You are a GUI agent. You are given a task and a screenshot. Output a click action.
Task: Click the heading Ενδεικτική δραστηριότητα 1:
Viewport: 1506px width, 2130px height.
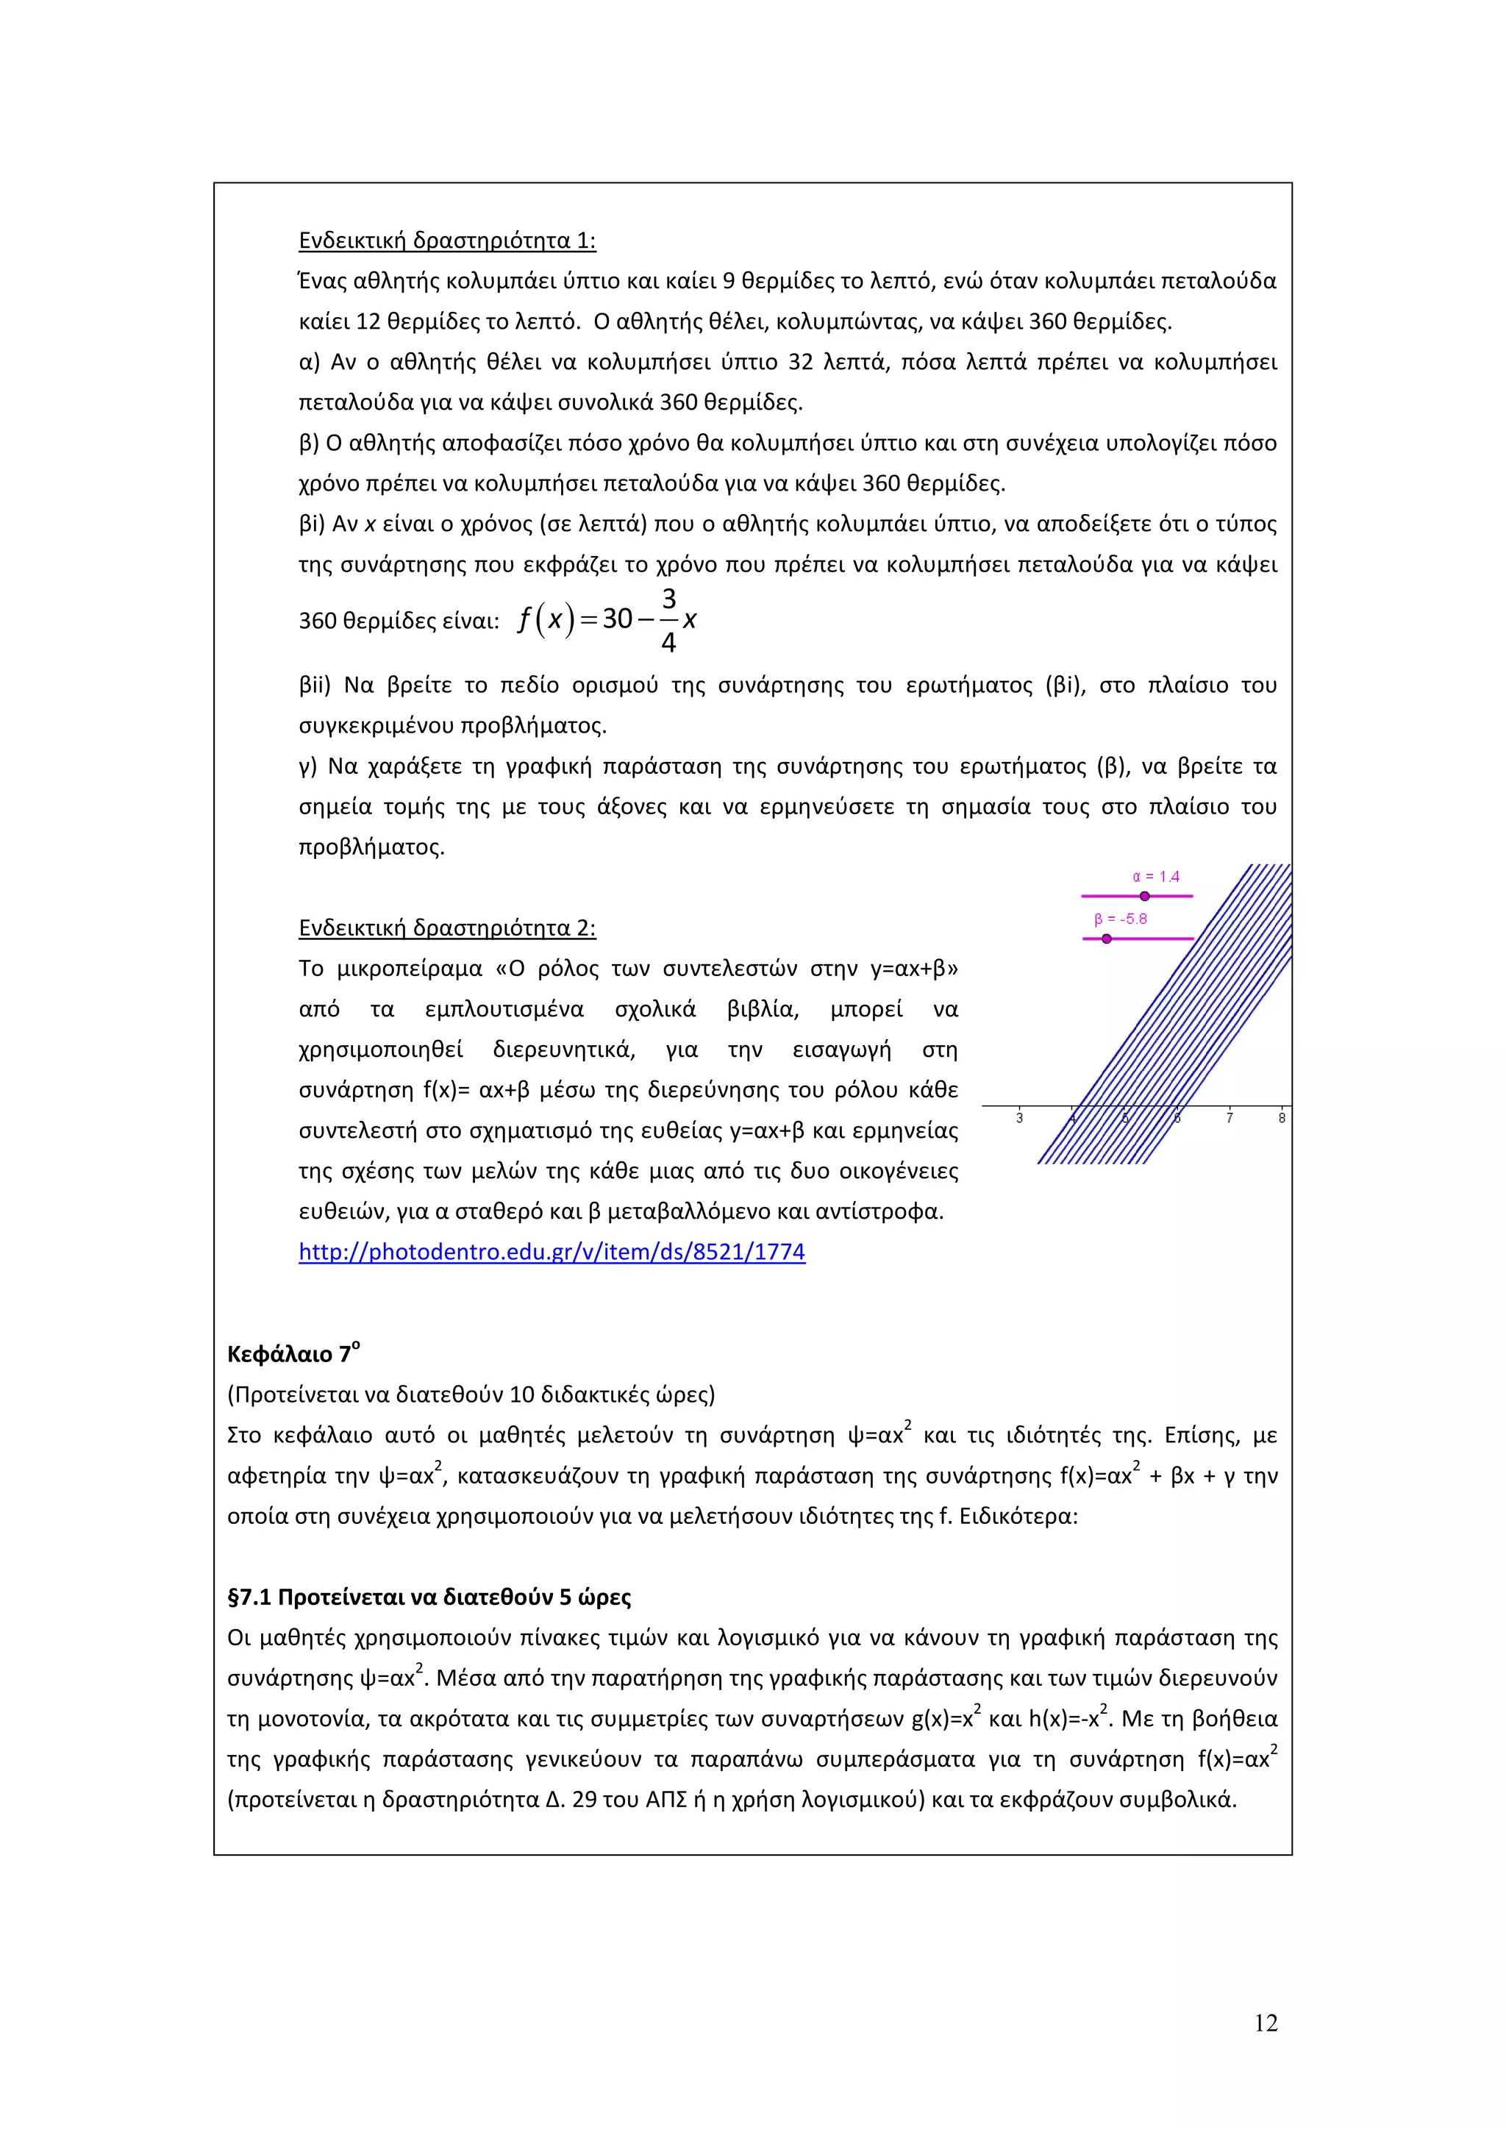447,241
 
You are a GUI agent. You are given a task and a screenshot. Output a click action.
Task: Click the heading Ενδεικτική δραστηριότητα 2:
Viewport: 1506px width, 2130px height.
447,929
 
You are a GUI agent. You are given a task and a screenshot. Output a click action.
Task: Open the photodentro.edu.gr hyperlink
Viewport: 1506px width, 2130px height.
552,1253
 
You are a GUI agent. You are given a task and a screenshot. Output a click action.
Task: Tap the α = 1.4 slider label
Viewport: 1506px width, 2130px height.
1155,877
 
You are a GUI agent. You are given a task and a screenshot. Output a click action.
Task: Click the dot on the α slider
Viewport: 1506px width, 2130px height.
1145,896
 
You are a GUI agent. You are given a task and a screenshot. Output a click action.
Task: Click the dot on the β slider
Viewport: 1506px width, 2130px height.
1106,938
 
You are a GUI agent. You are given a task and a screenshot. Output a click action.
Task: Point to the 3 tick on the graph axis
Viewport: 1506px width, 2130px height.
1019,1118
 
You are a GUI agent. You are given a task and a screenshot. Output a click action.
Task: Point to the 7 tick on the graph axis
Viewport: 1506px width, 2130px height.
1230,1118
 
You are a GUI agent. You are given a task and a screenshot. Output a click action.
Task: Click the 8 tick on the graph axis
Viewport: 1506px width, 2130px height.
1282,1118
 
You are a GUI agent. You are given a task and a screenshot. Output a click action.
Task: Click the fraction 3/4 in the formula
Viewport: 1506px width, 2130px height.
668,620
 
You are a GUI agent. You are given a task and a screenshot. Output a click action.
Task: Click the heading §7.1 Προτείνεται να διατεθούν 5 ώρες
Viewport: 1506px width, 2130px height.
429,1597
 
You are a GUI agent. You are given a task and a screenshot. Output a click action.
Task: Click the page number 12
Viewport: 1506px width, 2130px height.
1266,2023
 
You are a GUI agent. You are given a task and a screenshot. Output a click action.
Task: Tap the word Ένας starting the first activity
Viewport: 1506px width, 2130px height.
323,281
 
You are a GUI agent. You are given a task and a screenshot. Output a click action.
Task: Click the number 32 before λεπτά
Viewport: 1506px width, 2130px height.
800,362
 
